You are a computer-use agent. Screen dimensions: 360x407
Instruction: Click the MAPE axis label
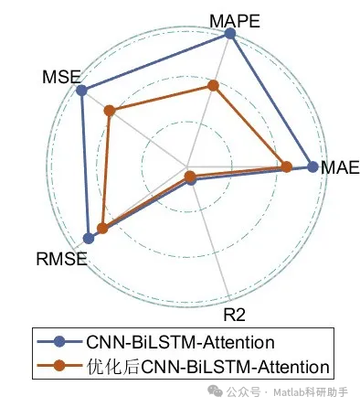click(x=233, y=19)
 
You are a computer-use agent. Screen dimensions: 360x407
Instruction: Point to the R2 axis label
click(x=234, y=316)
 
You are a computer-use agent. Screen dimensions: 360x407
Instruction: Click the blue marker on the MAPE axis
click(x=230, y=35)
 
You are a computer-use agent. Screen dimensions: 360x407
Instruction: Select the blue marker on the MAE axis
click(x=313, y=166)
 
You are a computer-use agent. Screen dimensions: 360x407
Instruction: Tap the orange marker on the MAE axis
click(x=286, y=166)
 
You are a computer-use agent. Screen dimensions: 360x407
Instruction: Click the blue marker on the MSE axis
click(x=82, y=91)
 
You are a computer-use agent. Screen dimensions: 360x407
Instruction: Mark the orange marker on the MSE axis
click(x=110, y=112)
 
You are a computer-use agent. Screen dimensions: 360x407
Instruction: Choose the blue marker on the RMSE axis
click(x=89, y=238)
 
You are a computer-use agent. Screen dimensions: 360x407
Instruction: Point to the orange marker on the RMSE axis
click(x=102, y=229)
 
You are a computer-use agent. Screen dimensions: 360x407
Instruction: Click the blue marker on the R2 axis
click(x=191, y=180)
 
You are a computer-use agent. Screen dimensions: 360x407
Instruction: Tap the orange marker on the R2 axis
click(x=189, y=175)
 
